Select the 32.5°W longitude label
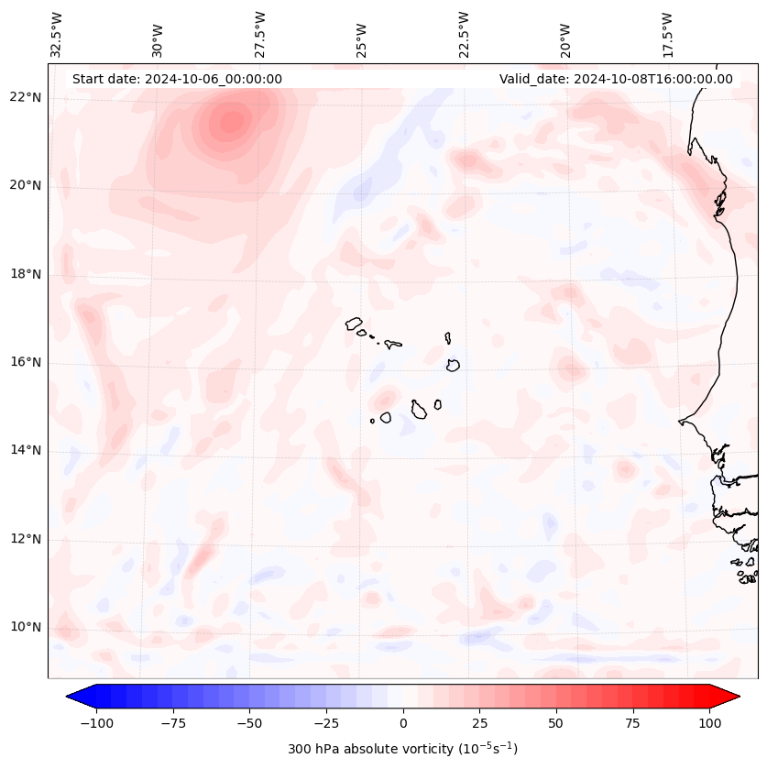[57, 34]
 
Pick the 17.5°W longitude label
[667, 34]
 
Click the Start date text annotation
[177, 79]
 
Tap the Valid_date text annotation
[616, 79]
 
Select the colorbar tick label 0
[403, 723]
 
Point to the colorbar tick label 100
[709, 723]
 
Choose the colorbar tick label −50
[248, 723]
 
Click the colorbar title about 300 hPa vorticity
[402, 749]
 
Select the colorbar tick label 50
[556, 723]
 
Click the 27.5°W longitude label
[260, 34]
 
